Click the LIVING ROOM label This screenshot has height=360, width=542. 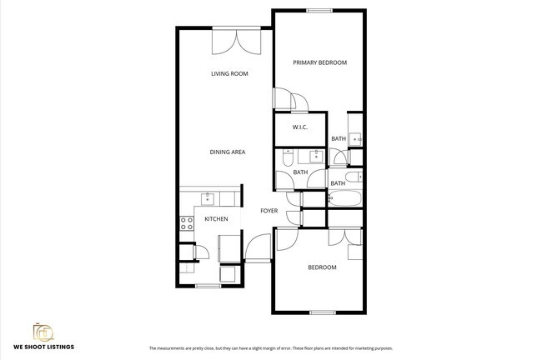pyautogui.click(x=229, y=73)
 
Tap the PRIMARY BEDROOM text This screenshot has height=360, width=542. pyautogui.click(x=319, y=62)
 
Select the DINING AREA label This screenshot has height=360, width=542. pyautogui.click(x=228, y=152)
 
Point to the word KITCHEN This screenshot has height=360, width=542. pyautogui.click(x=216, y=219)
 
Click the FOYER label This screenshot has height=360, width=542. pyautogui.click(x=269, y=211)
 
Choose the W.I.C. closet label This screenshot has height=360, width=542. pyautogui.click(x=299, y=127)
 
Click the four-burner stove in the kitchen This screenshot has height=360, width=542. pyautogui.click(x=187, y=223)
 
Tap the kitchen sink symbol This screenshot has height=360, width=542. pyautogui.click(x=208, y=199)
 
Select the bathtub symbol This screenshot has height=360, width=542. pyautogui.click(x=344, y=198)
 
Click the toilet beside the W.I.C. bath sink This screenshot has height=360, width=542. pyautogui.click(x=287, y=157)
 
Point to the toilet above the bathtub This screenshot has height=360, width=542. pyautogui.click(x=354, y=177)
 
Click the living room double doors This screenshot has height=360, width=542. pyautogui.click(x=237, y=42)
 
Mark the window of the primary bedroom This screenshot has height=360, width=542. pyautogui.click(x=319, y=11)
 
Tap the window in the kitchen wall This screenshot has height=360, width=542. pyautogui.click(x=208, y=286)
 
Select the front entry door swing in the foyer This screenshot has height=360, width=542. pyautogui.click(x=258, y=247)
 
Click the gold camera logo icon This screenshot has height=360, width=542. pyautogui.click(x=43, y=332)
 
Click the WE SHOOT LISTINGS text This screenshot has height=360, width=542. pyautogui.click(x=43, y=347)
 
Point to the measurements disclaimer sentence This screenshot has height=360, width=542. pyautogui.click(x=271, y=348)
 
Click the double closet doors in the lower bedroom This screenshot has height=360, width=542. pyautogui.click(x=345, y=237)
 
